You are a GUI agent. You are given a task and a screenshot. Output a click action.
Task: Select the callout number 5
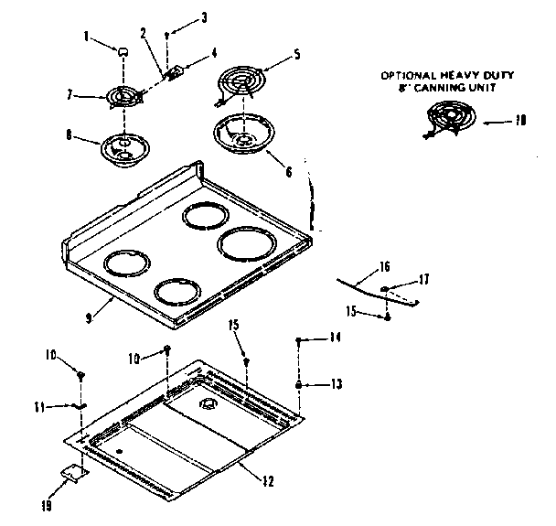point(295,54)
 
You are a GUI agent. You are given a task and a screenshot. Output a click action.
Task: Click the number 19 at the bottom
point(47,503)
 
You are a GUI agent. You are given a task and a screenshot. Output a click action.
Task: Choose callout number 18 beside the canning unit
point(521,119)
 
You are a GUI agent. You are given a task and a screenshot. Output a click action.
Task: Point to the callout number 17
point(423,279)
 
